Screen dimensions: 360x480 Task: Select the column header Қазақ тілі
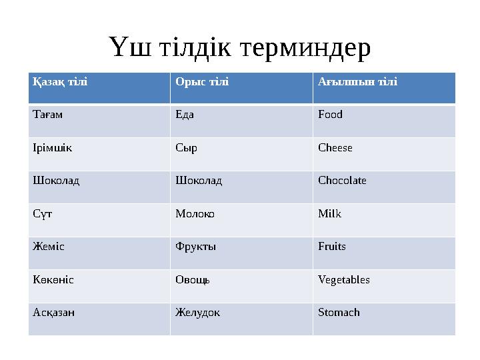60,82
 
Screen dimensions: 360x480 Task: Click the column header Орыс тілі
201,82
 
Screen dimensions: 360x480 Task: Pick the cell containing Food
330,115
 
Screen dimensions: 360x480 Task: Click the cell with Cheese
335,147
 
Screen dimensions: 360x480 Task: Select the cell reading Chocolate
342,181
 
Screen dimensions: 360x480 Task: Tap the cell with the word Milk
329,214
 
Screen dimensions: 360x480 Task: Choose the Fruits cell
332,247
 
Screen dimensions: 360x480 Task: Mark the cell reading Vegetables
344,280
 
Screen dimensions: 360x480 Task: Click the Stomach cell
339,313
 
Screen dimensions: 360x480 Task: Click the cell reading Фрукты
195,247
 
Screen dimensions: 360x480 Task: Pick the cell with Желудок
197,313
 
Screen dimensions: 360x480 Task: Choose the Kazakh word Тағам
47,115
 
